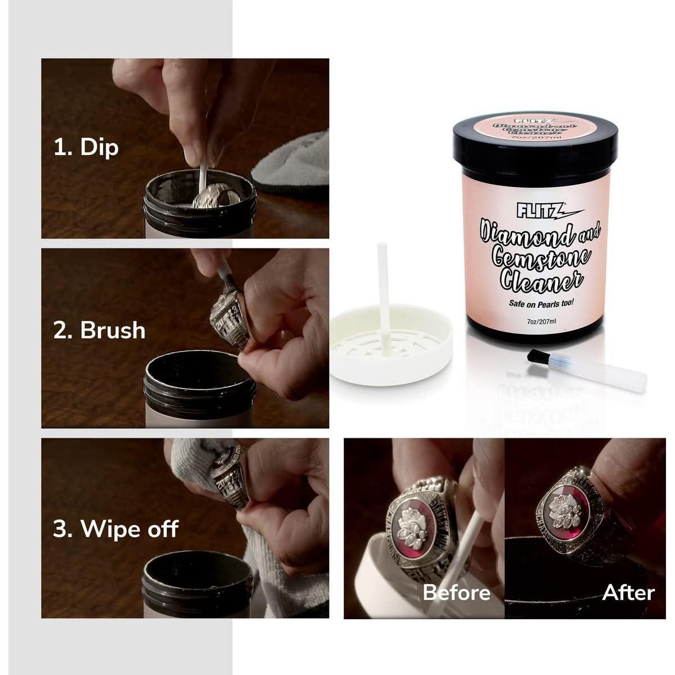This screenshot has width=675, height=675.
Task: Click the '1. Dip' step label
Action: (x=86, y=147)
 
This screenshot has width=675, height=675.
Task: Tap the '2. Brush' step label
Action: (x=99, y=330)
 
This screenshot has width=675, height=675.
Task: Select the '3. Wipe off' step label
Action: (x=116, y=529)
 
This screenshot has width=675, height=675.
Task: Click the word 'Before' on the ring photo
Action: (x=456, y=592)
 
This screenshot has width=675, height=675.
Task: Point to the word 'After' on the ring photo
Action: (x=628, y=592)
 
